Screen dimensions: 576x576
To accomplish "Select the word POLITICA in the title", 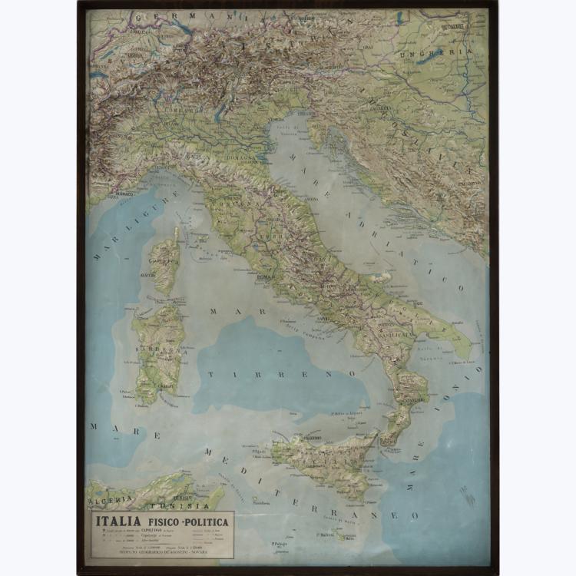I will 205,521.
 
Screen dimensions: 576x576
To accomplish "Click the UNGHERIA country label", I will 445,51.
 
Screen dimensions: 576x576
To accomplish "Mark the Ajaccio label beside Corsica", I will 147,274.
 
